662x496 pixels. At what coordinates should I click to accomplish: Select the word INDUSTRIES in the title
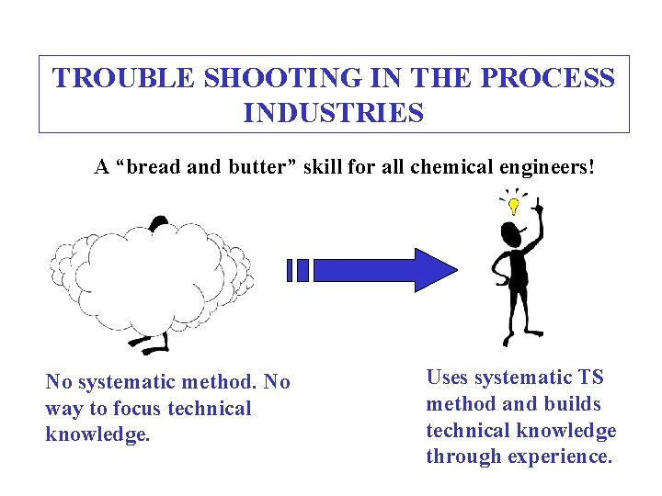[x=334, y=113]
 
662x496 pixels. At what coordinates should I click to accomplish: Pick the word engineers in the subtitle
[x=542, y=168]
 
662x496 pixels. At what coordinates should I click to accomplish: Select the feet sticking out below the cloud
[x=152, y=344]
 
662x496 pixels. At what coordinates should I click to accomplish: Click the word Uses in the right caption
[x=448, y=378]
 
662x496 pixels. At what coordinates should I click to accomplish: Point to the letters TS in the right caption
[x=590, y=378]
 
